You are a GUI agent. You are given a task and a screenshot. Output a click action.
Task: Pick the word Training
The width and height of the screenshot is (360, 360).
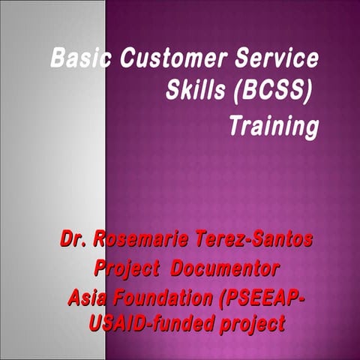[x=273, y=125]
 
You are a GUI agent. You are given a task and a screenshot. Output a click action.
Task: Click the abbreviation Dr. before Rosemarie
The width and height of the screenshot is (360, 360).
[x=74, y=241]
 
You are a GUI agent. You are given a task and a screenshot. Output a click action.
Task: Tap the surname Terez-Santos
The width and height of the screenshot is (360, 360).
[x=258, y=241]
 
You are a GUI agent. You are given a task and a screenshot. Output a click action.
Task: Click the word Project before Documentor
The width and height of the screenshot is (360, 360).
[x=127, y=268]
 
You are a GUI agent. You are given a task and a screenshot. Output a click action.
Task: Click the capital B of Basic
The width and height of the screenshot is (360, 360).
[x=58, y=58]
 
